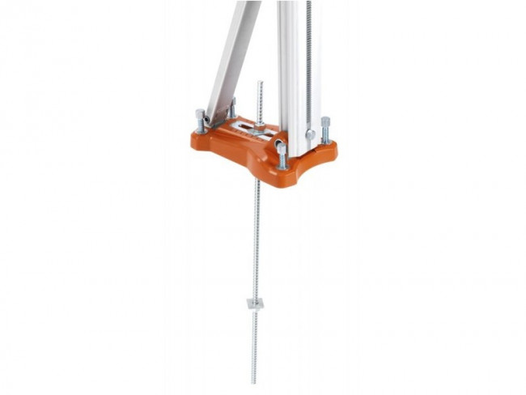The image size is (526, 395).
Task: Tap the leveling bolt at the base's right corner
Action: coord(325,130)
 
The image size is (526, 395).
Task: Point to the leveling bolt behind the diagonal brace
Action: coord(231,108)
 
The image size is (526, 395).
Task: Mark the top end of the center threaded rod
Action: coord(259,83)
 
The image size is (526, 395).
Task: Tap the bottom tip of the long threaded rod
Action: coord(253,380)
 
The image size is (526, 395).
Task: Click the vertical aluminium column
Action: coord(292,73)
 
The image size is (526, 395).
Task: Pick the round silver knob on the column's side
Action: coord(310,134)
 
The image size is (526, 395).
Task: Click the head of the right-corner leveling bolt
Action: coord(325,121)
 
